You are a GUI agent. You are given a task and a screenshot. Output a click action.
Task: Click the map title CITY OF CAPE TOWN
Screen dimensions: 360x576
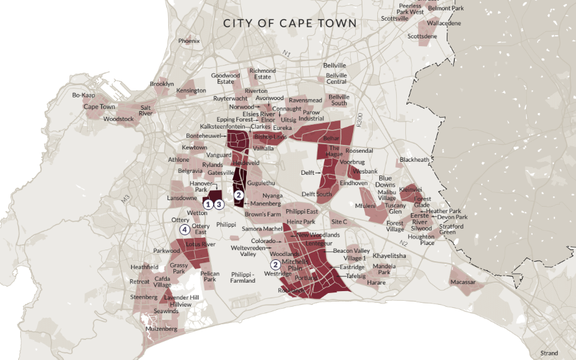tap(290, 23)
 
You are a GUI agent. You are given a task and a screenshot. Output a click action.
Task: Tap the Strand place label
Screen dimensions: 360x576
tap(549, 353)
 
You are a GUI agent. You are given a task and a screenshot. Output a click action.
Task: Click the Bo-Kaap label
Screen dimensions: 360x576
tap(84, 95)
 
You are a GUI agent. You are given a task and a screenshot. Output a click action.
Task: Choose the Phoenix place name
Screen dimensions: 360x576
tap(189, 41)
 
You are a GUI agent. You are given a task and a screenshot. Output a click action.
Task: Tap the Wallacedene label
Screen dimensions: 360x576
tap(444, 23)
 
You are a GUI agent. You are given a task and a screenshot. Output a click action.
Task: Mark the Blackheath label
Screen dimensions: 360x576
tap(414, 159)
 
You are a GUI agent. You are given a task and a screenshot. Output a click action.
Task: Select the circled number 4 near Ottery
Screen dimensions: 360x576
tap(185, 229)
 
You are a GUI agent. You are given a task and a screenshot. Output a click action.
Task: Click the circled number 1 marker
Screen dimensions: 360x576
tap(208, 204)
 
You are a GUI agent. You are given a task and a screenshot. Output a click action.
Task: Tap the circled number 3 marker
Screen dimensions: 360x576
tap(219, 204)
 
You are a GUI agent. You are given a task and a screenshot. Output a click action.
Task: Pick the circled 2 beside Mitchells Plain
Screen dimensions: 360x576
tap(275, 264)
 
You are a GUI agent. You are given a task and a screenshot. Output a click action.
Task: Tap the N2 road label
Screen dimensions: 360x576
tap(403, 243)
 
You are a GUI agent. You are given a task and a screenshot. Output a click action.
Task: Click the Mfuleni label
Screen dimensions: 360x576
tap(365, 206)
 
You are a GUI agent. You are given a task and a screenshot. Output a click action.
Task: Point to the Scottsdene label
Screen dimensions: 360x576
tap(422, 36)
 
